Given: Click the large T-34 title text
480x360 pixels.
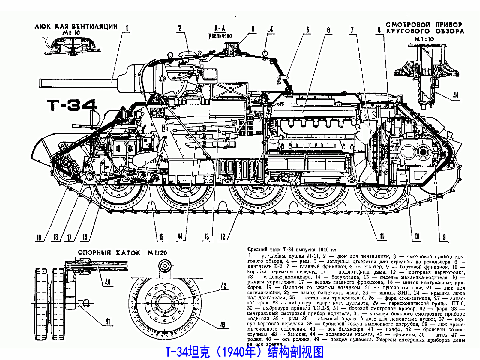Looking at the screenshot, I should (x=72, y=105).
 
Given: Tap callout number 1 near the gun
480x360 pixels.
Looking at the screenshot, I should (x=127, y=28).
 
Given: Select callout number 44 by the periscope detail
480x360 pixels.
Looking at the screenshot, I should (x=455, y=95).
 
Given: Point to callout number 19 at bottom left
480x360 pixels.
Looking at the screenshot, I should (x=39, y=238).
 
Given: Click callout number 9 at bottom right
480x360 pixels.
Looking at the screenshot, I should (x=444, y=238).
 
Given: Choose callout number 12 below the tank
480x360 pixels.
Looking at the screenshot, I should (x=223, y=237).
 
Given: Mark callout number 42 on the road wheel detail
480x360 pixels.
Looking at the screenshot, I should (x=224, y=285).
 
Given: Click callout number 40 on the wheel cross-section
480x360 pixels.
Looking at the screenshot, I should (x=108, y=282).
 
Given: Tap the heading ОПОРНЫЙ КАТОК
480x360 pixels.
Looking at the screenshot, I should (x=109, y=253).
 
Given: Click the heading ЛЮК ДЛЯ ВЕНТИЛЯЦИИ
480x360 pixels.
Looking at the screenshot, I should (x=76, y=26).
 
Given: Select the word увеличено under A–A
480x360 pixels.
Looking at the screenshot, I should (x=220, y=36).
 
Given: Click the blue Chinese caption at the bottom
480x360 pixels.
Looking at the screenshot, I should (x=244, y=352).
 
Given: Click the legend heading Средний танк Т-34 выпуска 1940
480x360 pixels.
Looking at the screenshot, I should (x=292, y=250).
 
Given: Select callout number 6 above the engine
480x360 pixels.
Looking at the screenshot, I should (x=328, y=30).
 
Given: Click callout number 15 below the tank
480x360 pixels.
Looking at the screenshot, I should (x=161, y=237).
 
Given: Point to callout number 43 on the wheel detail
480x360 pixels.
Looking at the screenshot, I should (x=223, y=325).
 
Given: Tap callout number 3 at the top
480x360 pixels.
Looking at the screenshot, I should (x=253, y=29).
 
